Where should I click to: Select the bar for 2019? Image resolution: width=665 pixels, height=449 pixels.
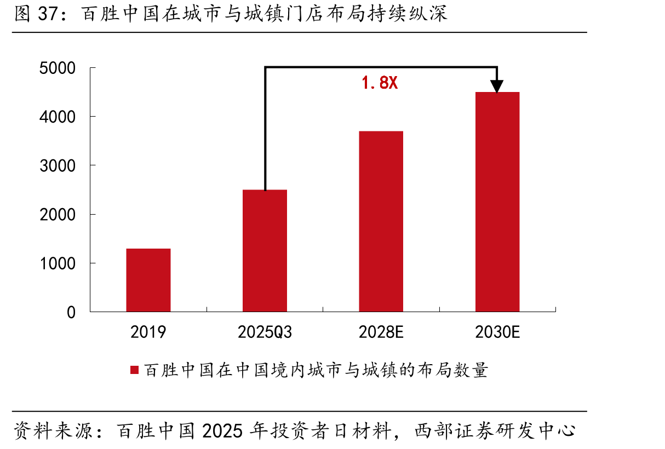pyautogui.click(x=148, y=280)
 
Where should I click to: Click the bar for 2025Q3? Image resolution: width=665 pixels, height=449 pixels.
pyautogui.click(x=265, y=251)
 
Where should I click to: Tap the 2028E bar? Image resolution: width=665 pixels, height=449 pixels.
pyautogui.click(x=381, y=221)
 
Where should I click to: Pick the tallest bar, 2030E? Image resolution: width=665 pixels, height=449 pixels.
pyautogui.click(x=497, y=202)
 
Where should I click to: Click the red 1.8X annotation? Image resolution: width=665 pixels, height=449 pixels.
pyautogui.click(x=380, y=83)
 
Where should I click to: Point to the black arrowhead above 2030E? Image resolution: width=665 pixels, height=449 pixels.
pyautogui.click(x=497, y=87)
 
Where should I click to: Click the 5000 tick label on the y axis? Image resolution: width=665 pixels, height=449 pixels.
pyautogui.click(x=58, y=68)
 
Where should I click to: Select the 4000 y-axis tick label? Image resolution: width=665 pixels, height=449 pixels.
pyautogui.click(x=58, y=117)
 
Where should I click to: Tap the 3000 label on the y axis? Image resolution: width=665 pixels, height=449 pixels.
pyautogui.click(x=58, y=165)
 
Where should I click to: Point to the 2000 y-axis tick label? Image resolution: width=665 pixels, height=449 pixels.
pyautogui.click(x=58, y=215)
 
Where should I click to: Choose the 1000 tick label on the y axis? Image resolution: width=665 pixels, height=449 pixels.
pyautogui.click(x=58, y=263)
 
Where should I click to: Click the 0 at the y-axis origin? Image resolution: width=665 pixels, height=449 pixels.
pyautogui.click(x=71, y=312)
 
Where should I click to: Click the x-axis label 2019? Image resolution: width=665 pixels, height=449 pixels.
pyautogui.click(x=148, y=332)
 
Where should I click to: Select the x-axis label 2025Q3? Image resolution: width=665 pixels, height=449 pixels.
pyautogui.click(x=265, y=332)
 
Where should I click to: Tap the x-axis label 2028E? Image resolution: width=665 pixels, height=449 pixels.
pyautogui.click(x=381, y=332)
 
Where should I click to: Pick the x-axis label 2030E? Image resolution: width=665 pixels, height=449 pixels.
pyautogui.click(x=497, y=332)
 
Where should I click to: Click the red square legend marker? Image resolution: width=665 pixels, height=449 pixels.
pyautogui.click(x=135, y=370)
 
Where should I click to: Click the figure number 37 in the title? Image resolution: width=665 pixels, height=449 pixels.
pyautogui.click(x=48, y=14)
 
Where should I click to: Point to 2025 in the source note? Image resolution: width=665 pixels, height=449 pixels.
pyautogui.click(x=222, y=431)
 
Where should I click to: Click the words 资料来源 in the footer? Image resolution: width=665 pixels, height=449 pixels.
pyautogui.click(x=54, y=431)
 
